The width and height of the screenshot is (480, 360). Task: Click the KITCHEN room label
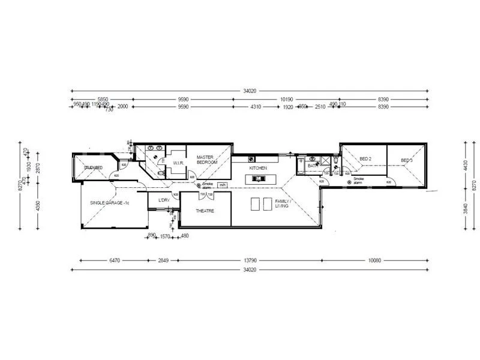click(x=258, y=169)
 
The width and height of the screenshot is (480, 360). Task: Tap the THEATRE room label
click(x=205, y=211)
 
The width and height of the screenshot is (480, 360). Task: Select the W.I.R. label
click(x=178, y=163)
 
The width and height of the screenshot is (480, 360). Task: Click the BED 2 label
click(x=365, y=159)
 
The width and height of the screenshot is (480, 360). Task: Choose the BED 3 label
click(x=407, y=160)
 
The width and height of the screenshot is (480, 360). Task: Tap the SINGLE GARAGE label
click(x=110, y=203)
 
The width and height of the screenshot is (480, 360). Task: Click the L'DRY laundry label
click(x=163, y=200)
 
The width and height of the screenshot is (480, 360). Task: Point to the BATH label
click(x=313, y=165)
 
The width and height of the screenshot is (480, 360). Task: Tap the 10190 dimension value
click(x=286, y=99)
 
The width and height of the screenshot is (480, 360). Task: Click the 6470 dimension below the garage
click(x=115, y=260)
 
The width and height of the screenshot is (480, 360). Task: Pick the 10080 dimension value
click(x=375, y=260)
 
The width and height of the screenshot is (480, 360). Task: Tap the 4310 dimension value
click(x=256, y=107)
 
